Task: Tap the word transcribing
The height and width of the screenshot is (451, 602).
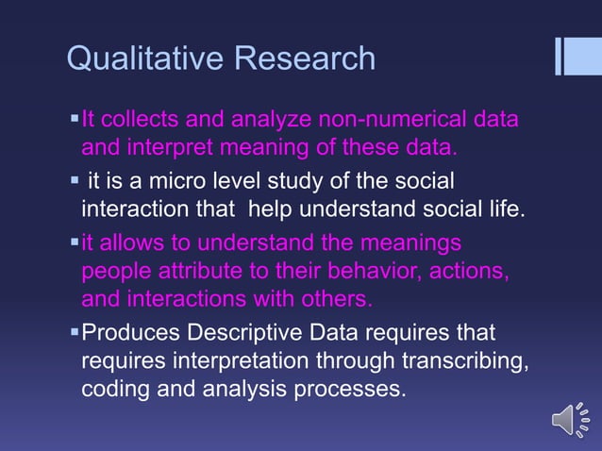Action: click(x=445, y=360)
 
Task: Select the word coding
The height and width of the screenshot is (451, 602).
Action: click(x=112, y=388)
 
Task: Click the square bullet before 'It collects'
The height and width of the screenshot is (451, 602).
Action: click(x=74, y=120)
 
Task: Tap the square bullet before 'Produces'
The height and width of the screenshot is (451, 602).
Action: click(x=74, y=333)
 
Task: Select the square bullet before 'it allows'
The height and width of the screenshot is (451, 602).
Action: click(x=74, y=243)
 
